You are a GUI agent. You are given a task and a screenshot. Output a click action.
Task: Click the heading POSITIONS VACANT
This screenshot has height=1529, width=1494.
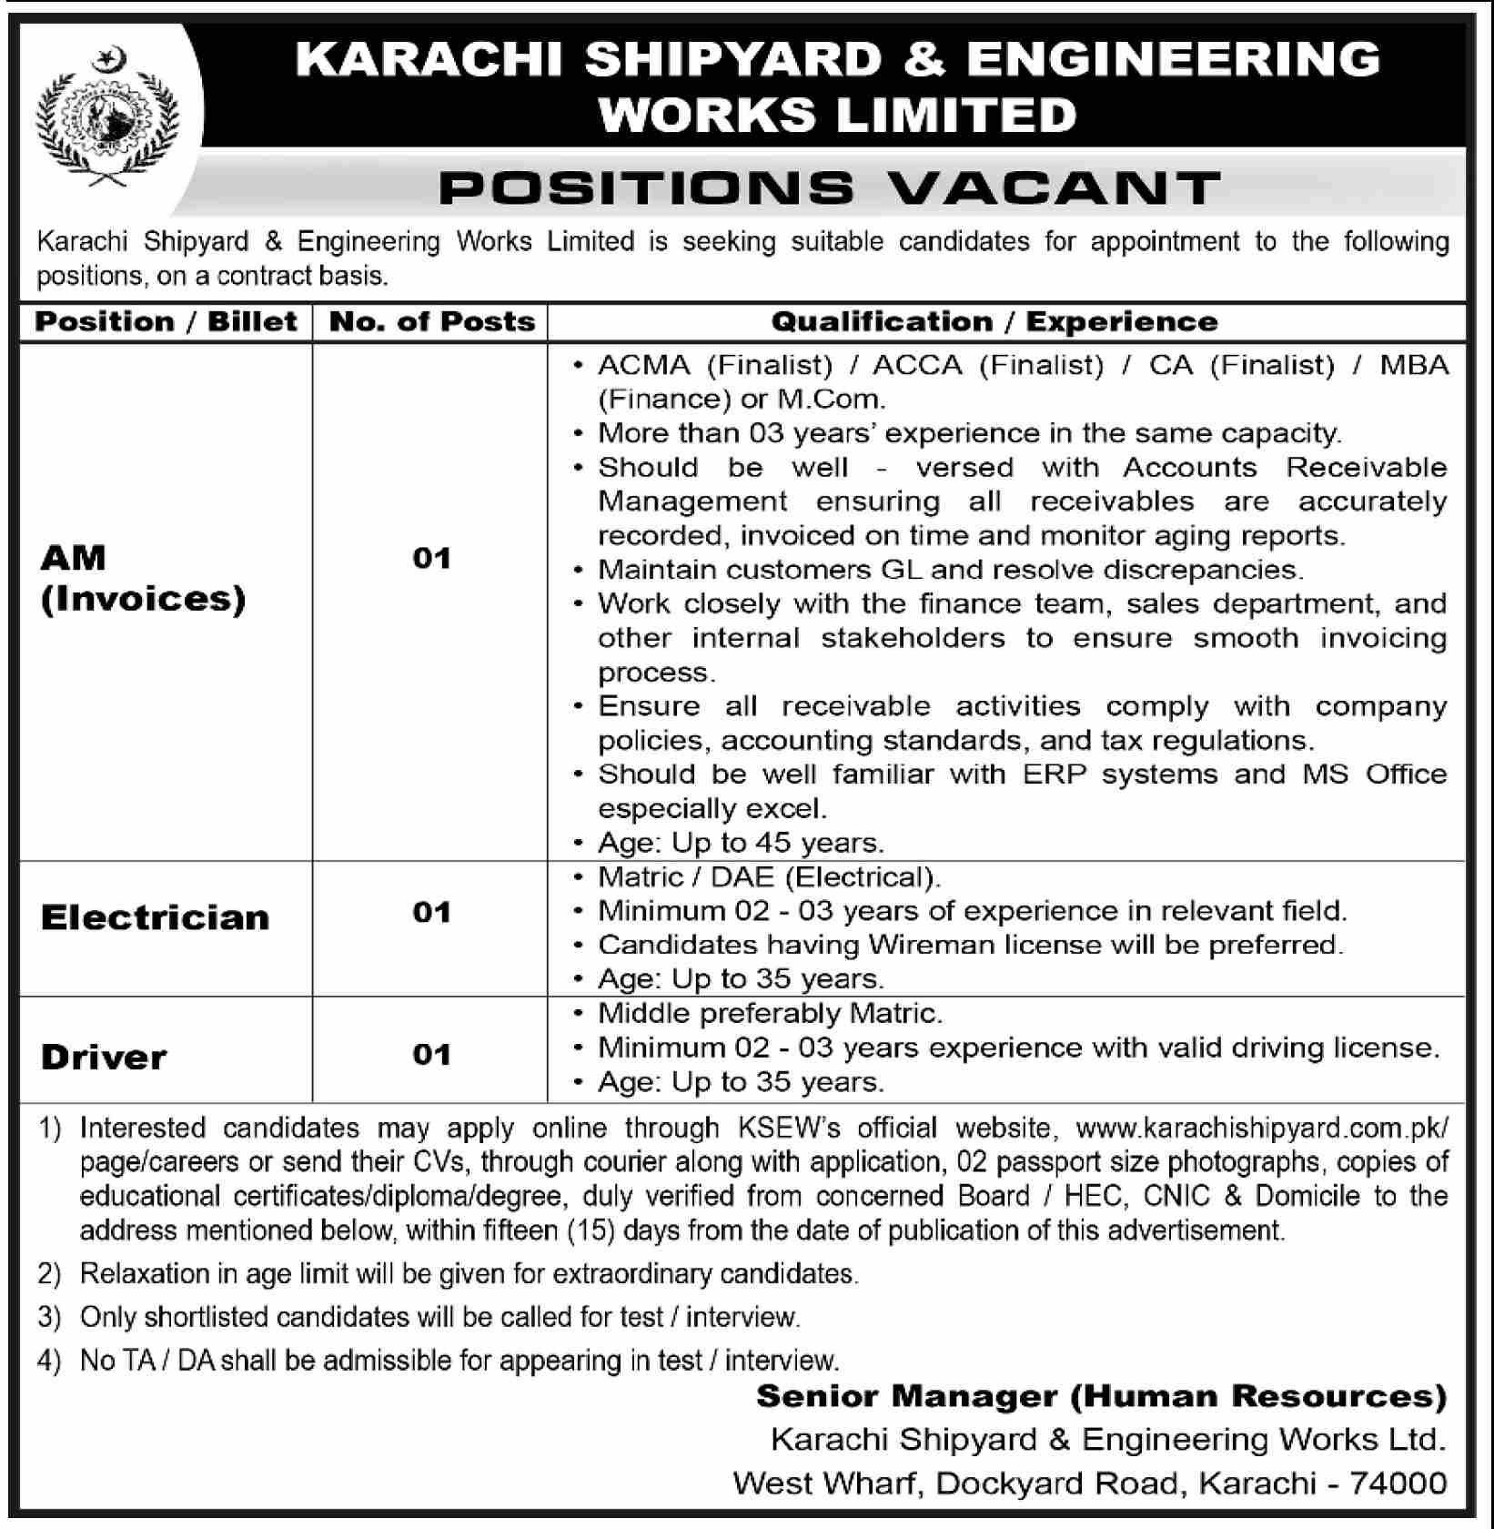(829, 188)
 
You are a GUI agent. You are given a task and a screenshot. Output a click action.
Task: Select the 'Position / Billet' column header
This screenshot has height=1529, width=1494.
(166, 322)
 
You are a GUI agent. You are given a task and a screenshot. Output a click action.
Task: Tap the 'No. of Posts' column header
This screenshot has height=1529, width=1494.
(431, 322)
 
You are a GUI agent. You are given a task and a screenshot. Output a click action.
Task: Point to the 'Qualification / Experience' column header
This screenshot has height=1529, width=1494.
(994, 322)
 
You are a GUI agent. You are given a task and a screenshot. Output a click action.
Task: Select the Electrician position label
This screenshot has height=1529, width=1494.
(156, 917)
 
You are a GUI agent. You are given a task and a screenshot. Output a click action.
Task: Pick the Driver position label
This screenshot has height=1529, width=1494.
(105, 1058)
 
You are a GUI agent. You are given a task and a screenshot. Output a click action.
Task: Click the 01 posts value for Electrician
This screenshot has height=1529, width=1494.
(431, 913)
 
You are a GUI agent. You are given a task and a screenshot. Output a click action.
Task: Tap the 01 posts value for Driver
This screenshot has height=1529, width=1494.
(431, 1055)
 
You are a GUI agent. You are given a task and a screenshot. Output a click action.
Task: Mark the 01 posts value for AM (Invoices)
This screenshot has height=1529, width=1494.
(431, 558)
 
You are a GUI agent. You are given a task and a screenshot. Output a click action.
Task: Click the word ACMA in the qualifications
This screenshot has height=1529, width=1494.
(643, 366)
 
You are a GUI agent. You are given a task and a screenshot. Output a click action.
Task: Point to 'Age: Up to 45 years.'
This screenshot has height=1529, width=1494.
(741, 844)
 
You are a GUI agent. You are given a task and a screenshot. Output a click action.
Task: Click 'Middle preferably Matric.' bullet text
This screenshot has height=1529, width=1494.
(770, 1014)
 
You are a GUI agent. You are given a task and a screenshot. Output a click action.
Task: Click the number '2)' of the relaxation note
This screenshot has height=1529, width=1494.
(49, 1274)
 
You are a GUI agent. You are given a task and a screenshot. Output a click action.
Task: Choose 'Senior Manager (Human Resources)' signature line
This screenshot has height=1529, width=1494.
(1101, 1396)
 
